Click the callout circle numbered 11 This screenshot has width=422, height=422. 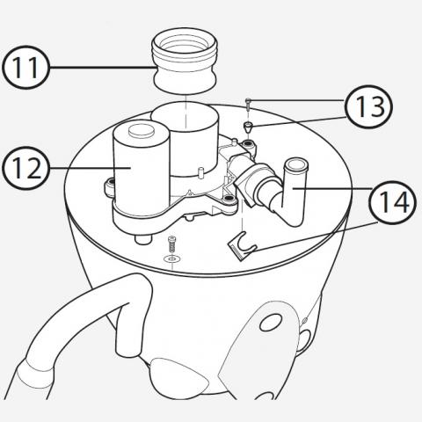(x=25, y=68)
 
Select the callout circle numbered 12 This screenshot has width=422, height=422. (x=25, y=168)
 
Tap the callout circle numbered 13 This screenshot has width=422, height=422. (x=368, y=106)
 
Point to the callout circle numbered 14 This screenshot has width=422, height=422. (x=393, y=201)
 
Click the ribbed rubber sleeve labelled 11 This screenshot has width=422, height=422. (x=185, y=63)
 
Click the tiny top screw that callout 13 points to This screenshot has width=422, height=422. (x=248, y=105)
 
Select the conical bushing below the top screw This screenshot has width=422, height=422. (x=248, y=127)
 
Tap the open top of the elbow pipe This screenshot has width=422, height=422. (x=296, y=165)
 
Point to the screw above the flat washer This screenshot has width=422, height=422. (x=172, y=244)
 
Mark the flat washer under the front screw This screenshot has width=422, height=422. (x=172, y=258)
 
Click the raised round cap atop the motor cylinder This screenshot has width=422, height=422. (x=142, y=130)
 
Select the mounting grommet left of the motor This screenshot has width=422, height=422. (x=111, y=184)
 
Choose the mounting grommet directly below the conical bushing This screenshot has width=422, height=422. (x=249, y=144)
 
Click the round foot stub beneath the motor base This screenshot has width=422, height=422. (x=143, y=238)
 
